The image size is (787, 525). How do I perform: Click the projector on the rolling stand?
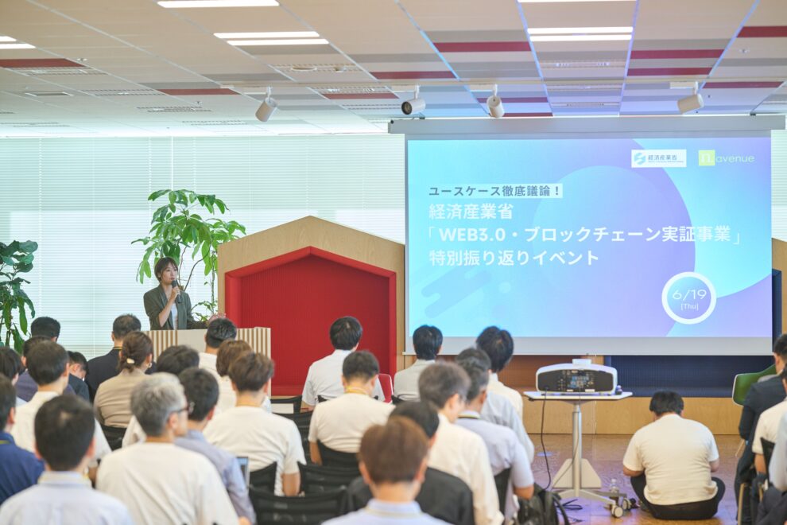pyautogui.click(x=576, y=378)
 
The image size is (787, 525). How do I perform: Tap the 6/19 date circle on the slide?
pyautogui.click(x=688, y=297)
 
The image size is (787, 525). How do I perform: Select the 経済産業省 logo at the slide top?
pyautogui.click(x=658, y=158)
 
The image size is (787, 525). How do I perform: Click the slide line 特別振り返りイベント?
pyautogui.click(x=514, y=258)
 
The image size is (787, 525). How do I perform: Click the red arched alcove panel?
pyautogui.click(x=309, y=318)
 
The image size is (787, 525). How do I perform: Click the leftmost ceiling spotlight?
pyautogui.click(x=266, y=108)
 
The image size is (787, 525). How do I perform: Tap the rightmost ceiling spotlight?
pyautogui.click(x=690, y=102)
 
